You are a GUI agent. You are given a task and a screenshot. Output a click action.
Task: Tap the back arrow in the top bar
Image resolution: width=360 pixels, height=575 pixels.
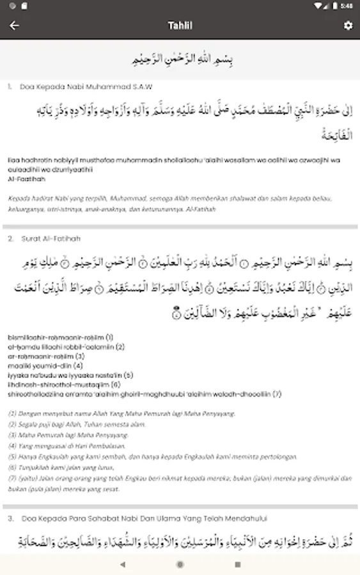pyautogui.click(x=14, y=26)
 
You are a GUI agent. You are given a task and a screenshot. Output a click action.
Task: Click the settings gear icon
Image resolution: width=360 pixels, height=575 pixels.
pyautogui.click(x=348, y=26)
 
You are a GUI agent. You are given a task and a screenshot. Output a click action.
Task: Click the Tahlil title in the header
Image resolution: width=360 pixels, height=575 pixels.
pyautogui.click(x=180, y=26)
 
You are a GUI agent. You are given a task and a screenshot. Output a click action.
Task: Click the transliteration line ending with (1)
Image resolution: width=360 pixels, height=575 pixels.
pyautogui.click(x=61, y=337)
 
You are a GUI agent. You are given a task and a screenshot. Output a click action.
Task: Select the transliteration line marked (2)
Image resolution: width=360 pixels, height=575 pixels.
pyautogui.click(x=67, y=346)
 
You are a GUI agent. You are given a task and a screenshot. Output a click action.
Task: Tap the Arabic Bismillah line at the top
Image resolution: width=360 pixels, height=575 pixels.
pyautogui.click(x=180, y=59)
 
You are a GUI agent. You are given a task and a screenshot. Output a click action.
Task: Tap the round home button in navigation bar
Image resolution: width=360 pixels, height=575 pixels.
pyautogui.click(x=180, y=565)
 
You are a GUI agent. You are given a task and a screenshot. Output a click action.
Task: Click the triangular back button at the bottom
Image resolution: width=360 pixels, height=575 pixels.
pyautogui.click(x=122, y=565)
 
